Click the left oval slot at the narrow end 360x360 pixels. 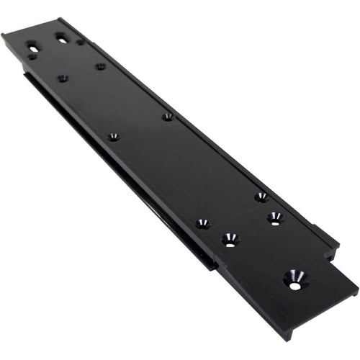[x=33, y=45]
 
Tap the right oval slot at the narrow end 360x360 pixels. [x=62, y=39]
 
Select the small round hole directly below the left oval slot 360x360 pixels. [x=32, y=56]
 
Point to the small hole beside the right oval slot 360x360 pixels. [x=80, y=42]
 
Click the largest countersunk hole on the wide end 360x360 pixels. [x=295, y=278]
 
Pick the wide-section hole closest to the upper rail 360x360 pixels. [x=274, y=217]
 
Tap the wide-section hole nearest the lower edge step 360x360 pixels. [x=230, y=239]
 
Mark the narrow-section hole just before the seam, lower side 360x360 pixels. [x=202, y=224]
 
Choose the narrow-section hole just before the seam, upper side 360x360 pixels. [x=261, y=197]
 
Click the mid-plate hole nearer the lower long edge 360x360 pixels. [x=113, y=136]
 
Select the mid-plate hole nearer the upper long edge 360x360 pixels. [x=167, y=116]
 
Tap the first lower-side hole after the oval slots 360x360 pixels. [x=63, y=78]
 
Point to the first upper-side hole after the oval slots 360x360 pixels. [x=100, y=66]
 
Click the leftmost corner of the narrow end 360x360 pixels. [x=3, y=35]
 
